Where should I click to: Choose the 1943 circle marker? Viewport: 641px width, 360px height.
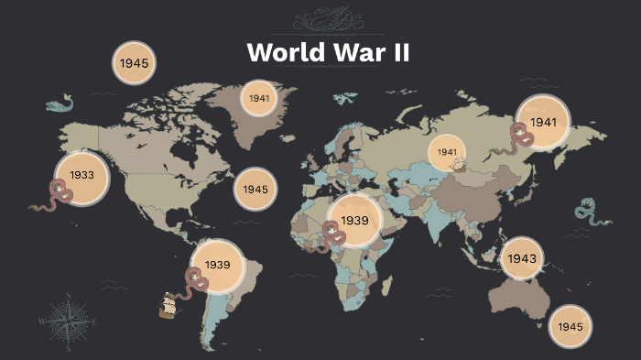point(522,258)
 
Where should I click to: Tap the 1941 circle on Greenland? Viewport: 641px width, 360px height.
point(258,98)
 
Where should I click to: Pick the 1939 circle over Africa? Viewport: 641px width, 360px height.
point(354,221)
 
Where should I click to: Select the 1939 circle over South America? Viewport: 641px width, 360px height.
point(217,265)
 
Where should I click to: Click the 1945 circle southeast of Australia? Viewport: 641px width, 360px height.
point(570,326)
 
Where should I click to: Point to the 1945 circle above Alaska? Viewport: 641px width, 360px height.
point(135,63)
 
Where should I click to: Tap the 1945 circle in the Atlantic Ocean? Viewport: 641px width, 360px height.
point(255,189)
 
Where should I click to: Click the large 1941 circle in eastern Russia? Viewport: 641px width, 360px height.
point(543,122)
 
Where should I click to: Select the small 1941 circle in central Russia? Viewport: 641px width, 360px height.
point(448,152)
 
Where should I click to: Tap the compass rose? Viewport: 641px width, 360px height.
point(68,322)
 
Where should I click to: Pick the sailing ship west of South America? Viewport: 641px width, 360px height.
point(168,306)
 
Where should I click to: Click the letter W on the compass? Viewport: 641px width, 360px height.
point(42,322)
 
